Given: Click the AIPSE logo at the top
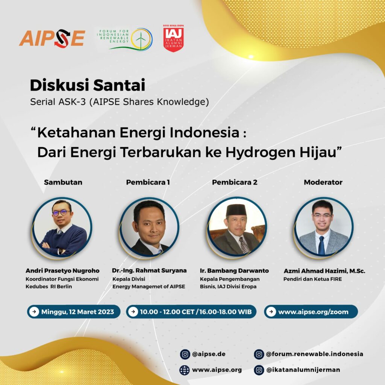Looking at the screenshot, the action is pos(52,38).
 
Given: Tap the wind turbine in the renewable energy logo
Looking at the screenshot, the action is pos(141,40).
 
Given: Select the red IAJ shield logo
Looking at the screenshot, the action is pos(173,39).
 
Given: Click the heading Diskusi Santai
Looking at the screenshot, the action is pos(87,85).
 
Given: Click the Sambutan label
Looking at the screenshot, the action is pos(63,182).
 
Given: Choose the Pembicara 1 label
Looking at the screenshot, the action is pos(148,182).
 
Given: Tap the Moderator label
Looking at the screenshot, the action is pos(323,182).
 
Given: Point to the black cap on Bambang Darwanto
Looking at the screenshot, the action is pos(236,210).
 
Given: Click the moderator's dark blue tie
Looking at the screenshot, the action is pos(321,245).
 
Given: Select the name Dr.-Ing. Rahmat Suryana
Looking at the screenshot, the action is pos(149,271).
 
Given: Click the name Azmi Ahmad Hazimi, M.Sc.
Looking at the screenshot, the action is pos(324,271).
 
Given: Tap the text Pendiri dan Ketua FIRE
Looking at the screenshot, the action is pos(312,279).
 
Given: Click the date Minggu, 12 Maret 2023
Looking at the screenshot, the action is pos(77,312).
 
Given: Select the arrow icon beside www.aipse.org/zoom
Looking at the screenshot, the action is pos(271,312).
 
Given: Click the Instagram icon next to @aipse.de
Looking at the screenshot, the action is pos(185,354).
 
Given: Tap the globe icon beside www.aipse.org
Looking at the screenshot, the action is pos(185,370).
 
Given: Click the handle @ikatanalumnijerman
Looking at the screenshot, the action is pos(303,370).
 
